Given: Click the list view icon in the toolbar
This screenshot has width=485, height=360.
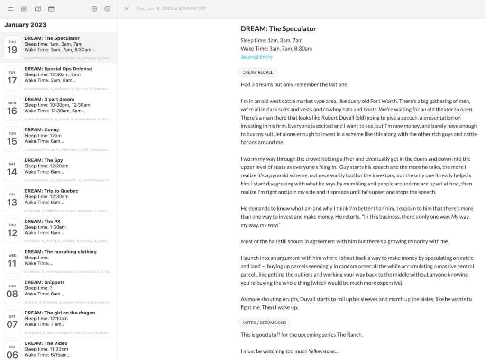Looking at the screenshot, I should click(10, 9).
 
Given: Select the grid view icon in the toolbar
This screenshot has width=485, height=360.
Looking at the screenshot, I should click(24, 9).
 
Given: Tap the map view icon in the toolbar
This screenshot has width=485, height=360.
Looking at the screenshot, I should click(37, 9).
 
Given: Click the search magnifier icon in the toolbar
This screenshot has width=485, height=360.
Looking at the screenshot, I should click(108, 9).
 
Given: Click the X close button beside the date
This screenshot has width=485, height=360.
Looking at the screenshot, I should click(127, 9).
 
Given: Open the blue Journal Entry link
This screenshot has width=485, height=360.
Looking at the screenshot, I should click(256, 57).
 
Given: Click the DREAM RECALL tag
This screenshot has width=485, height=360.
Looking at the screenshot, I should click(257, 73).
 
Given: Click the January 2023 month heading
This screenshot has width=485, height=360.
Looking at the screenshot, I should click(25, 25).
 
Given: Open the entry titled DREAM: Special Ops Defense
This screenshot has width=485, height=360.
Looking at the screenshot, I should click(58, 69).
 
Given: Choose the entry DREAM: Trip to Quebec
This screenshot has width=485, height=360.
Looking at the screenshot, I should click(51, 191).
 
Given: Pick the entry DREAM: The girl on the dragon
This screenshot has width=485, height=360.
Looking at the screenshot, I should click(60, 313).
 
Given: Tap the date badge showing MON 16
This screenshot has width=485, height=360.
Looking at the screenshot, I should click(12, 108).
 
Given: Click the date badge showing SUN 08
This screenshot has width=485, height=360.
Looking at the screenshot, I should click(12, 291).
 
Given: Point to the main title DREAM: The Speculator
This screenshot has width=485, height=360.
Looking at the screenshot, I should click(278, 29).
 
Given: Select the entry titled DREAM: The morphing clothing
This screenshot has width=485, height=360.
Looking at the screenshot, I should click(60, 252).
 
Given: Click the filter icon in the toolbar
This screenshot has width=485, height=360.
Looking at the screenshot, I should click(94, 9).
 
